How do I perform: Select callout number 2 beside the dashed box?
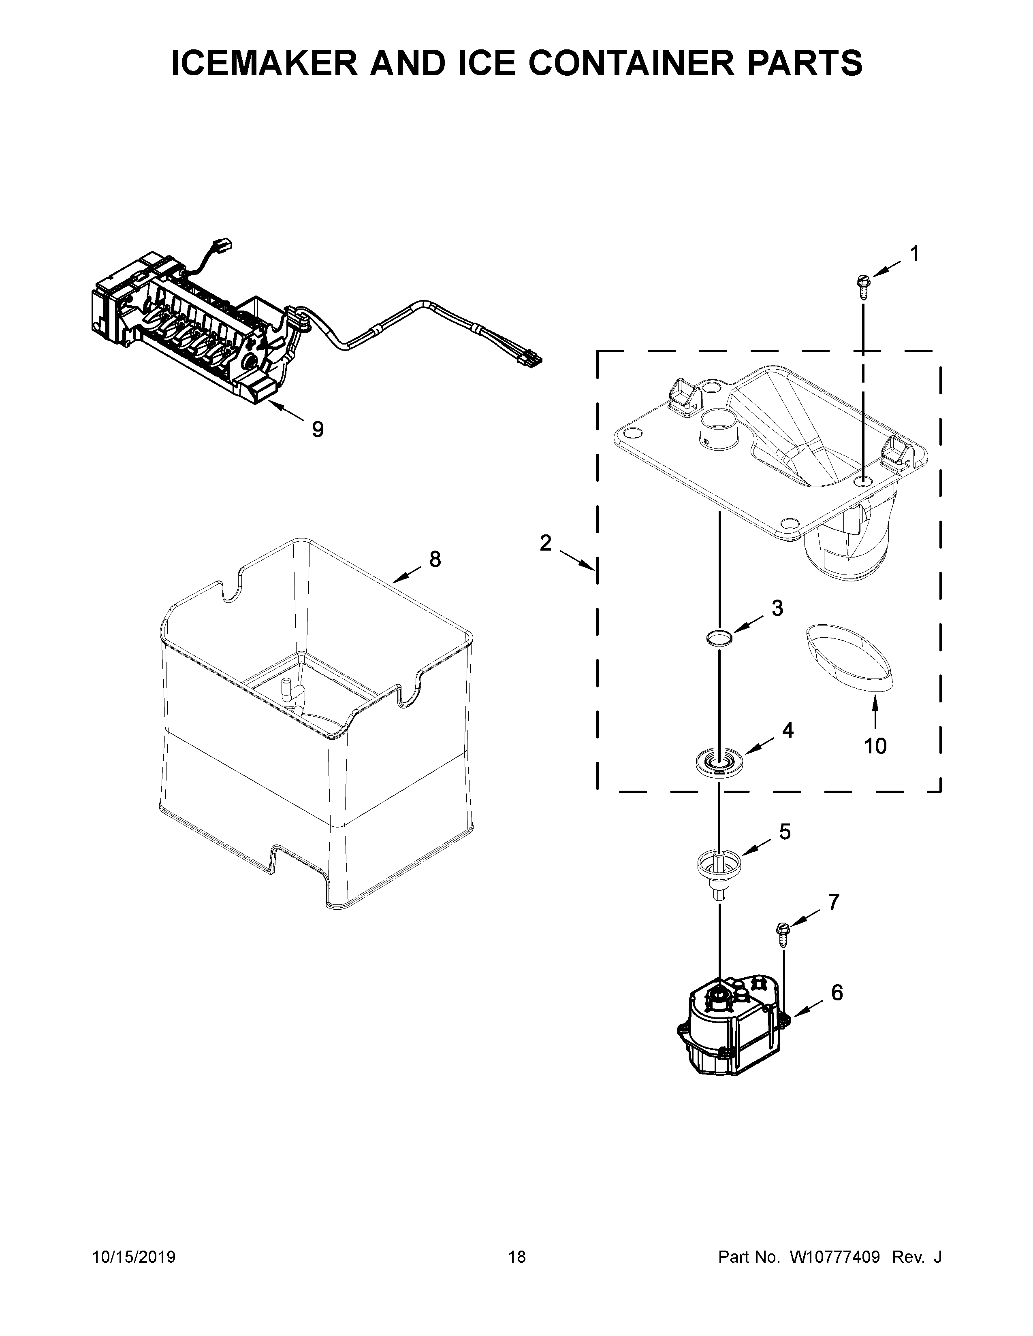point(545,542)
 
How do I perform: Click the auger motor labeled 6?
point(731,1024)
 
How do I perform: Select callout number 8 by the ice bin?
point(435,559)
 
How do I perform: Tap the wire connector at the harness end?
point(531,359)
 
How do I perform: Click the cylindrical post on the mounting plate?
point(719,431)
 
